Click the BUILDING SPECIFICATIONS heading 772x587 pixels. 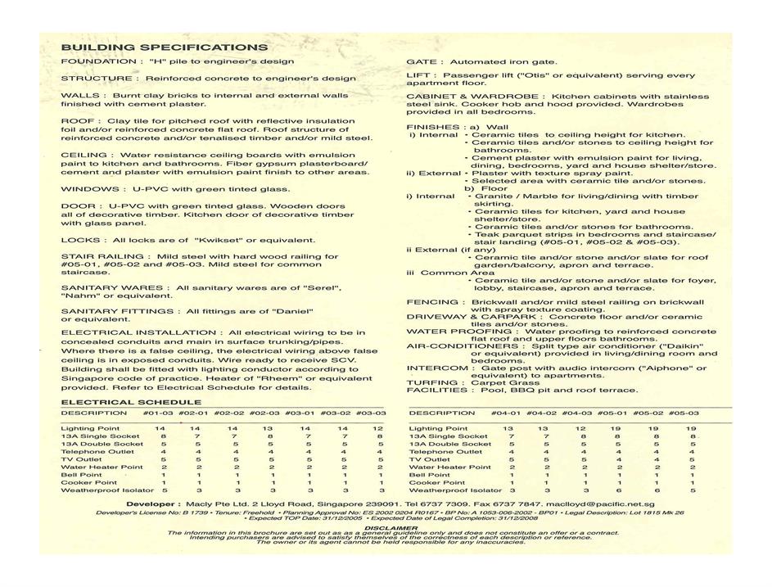click(165, 47)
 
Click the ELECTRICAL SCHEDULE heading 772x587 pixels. click(131, 403)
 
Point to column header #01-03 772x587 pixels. click(159, 413)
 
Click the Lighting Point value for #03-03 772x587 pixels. click(378, 429)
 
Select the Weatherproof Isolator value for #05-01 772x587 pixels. click(614, 490)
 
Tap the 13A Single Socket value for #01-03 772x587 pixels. click(163, 437)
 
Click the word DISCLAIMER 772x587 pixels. click(386, 527)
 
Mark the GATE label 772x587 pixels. click(422, 61)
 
